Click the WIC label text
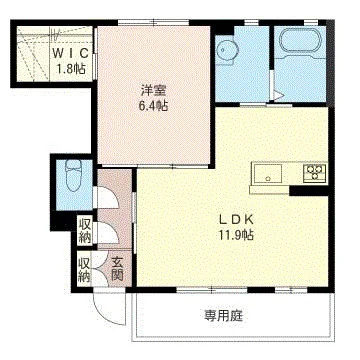(71, 53)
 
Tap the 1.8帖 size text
(71, 69)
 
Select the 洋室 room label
(154, 90)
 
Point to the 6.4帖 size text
(154, 106)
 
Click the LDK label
(237, 219)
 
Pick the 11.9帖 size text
(237, 235)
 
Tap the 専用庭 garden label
(224, 315)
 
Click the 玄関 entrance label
(117, 269)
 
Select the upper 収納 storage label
(85, 230)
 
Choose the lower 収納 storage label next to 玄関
(84, 270)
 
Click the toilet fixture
(73, 175)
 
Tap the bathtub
(300, 41)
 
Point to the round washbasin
(227, 51)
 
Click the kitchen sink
(267, 174)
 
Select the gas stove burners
(314, 173)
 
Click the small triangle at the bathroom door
(279, 95)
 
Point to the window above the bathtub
(310, 23)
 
